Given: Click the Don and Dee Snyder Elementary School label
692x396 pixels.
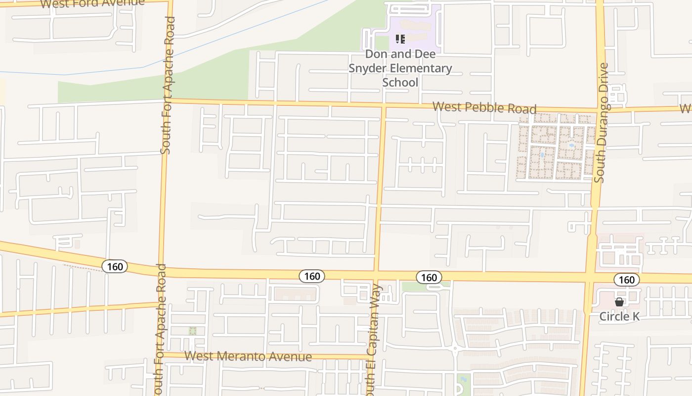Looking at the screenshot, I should (x=400, y=68).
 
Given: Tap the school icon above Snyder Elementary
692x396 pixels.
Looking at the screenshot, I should (x=400, y=39).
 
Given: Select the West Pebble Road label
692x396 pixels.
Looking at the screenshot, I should (x=484, y=107).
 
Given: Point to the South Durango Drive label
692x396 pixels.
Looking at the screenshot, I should (x=602, y=123).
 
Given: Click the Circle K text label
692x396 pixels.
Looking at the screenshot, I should (x=619, y=316).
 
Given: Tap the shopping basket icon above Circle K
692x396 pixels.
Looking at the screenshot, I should (x=619, y=302).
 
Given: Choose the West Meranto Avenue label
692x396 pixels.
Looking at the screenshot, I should (x=248, y=356).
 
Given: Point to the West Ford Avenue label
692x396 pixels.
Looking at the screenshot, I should (x=92, y=3).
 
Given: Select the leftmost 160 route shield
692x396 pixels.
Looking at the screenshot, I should (x=115, y=267).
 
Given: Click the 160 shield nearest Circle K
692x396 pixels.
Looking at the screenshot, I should (x=626, y=280).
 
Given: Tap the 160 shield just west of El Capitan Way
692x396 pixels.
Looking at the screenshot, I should (x=312, y=276).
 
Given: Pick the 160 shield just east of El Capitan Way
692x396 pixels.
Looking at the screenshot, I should (x=429, y=277).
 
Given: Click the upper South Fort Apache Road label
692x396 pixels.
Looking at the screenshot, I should (x=168, y=85).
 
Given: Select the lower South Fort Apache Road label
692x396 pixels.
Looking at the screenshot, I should (x=160, y=329).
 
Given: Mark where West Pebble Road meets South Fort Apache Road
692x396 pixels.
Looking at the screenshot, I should (x=166, y=100).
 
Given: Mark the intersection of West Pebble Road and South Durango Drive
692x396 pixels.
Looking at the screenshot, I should (x=599, y=110).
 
